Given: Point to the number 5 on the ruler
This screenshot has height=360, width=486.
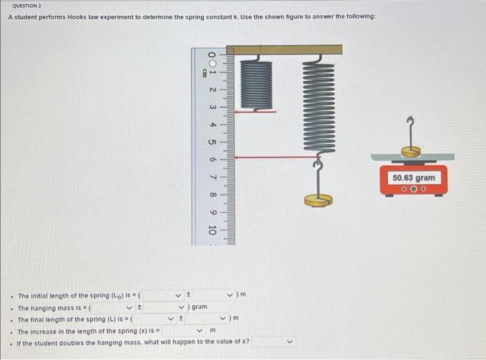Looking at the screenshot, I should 212,142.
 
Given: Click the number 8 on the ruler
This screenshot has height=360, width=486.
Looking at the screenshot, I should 212,195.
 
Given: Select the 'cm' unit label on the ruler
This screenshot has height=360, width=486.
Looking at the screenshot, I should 204,71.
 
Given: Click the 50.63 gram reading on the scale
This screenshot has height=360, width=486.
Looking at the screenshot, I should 414,178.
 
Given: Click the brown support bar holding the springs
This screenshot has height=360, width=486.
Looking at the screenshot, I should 285,49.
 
